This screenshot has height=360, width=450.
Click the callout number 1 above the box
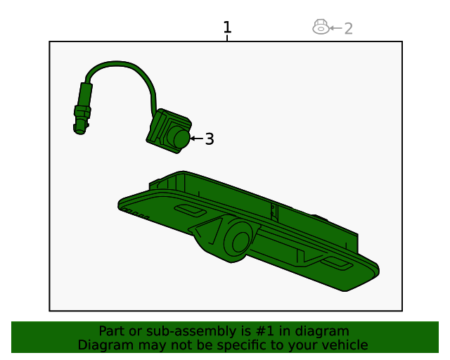(x=227, y=27)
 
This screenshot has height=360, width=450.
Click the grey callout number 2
(x=348, y=28)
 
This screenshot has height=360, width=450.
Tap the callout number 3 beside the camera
(x=210, y=139)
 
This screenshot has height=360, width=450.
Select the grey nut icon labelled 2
(x=321, y=27)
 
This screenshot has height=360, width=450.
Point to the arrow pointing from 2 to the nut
(x=336, y=28)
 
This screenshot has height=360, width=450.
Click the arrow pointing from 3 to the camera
(x=197, y=139)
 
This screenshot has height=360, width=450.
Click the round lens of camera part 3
(x=181, y=139)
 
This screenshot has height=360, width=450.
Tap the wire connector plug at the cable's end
(x=82, y=109)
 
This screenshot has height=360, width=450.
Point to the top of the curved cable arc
(x=116, y=63)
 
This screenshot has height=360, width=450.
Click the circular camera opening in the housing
(x=241, y=242)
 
